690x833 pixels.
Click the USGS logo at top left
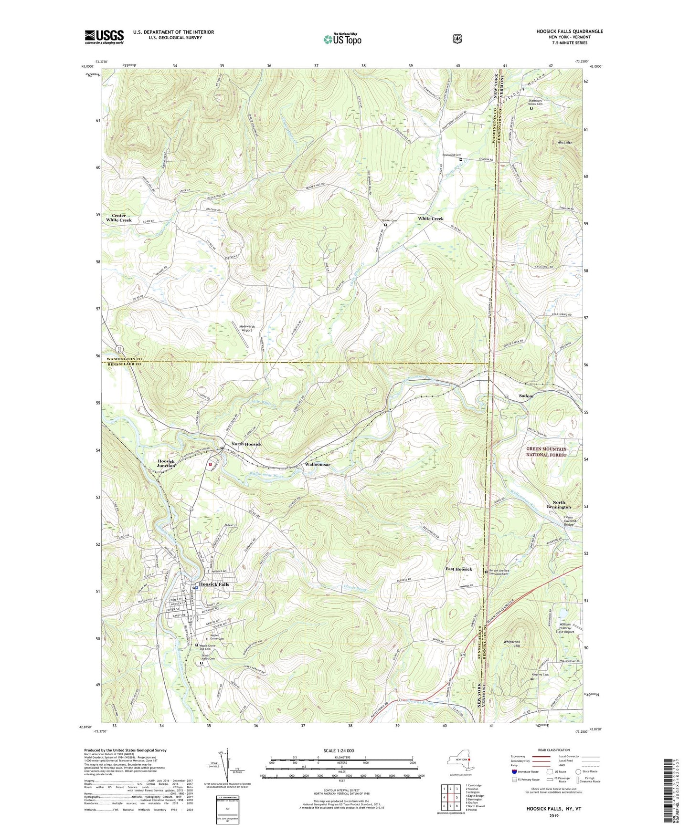tap(104, 37)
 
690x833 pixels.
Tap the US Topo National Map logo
tap(342, 39)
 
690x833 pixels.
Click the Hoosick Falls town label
tap(214, 584)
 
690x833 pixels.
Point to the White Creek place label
tap(430, 219)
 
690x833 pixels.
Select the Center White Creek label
tap(118, 218)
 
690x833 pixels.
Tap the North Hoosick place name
tap(246, 444)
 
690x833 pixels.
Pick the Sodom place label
tap(526, 396)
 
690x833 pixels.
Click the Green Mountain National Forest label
tap(546, 452)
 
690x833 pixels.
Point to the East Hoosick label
tap(458, 569)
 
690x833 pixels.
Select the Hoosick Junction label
tap(166, 463)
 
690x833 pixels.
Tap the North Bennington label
tap(559, 505)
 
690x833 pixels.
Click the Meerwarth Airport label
tap(246, 328)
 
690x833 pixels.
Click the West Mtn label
tap(565, 142)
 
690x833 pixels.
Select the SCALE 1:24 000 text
tap(339, 750)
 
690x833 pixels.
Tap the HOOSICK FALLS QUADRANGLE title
tap(569, 31)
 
